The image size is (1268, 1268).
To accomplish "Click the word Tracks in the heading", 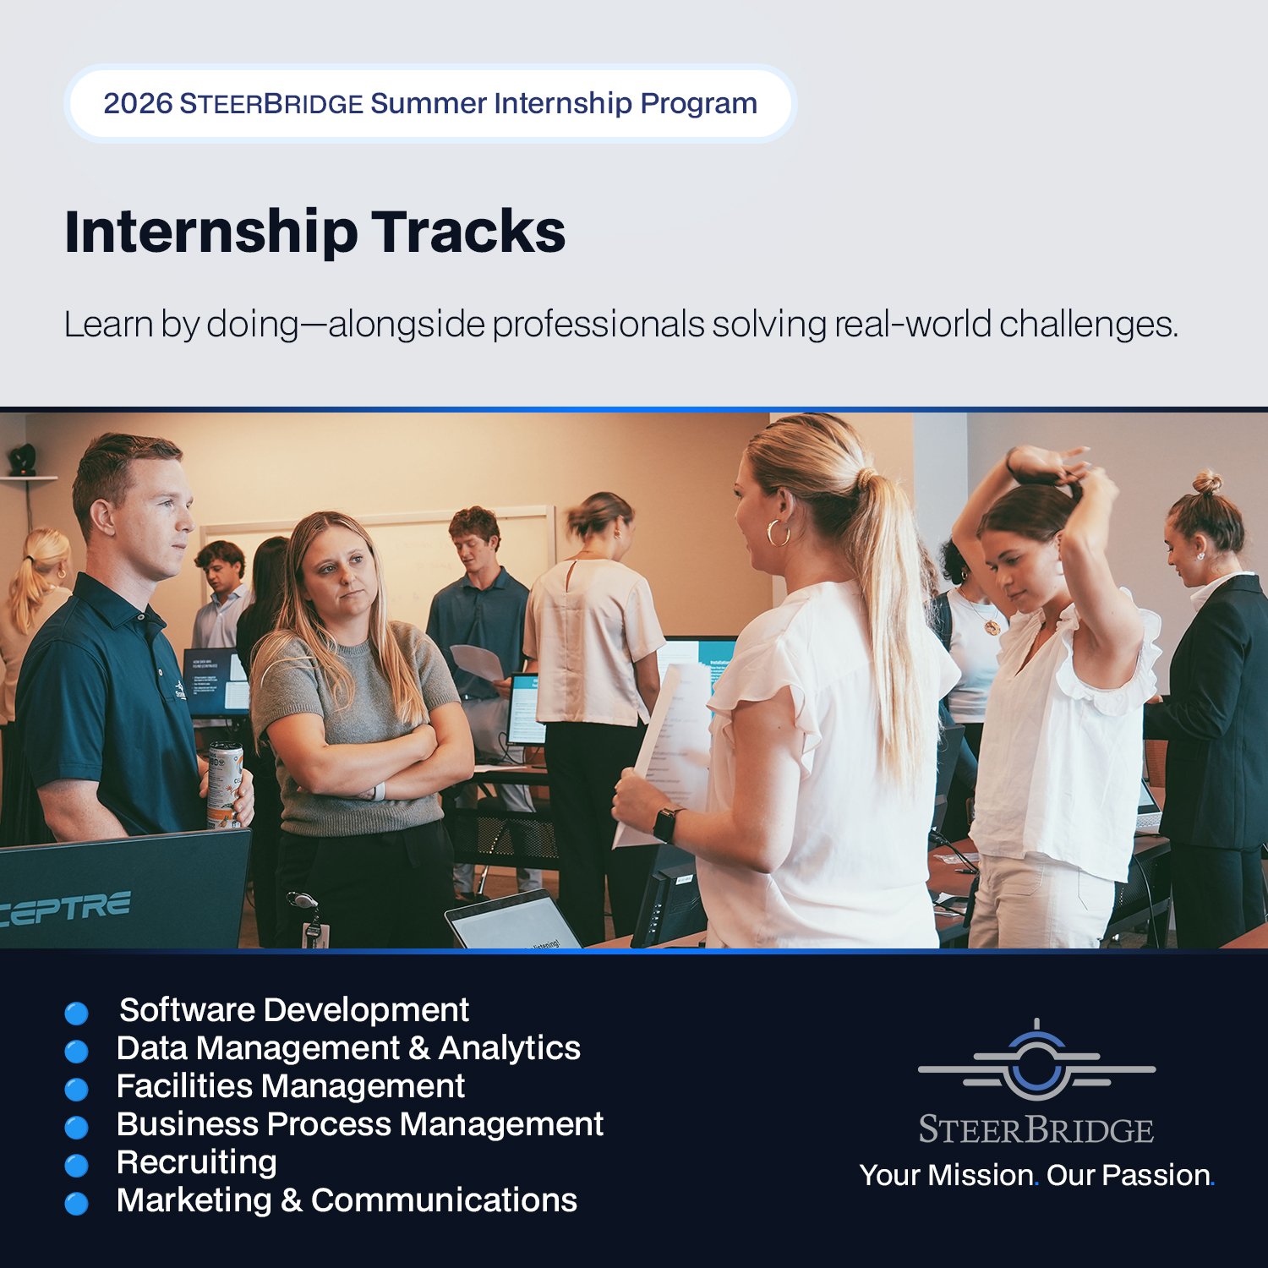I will [468, 232].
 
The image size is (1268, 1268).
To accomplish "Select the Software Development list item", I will [293, 1010].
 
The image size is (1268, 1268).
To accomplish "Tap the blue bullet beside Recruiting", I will [77, 1166].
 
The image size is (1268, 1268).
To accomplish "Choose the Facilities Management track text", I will [290, 1086].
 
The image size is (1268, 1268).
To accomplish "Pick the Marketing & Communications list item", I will [347, 1200].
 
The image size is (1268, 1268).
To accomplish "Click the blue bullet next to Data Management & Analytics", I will [77, 1051].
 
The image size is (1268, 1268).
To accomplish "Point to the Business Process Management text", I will [359, 1124].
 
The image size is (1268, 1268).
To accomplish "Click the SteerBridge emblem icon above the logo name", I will [1036, 1062].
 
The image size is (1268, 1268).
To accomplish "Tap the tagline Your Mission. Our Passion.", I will [1036, 1175].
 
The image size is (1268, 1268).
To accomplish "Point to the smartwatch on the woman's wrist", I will [665, 824].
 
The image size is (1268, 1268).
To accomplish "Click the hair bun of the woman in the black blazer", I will [1207, 483].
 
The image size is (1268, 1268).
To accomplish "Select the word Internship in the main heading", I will [211, 232].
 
